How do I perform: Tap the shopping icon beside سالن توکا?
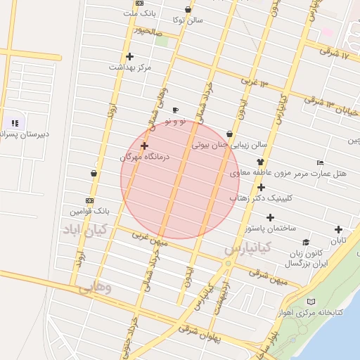(188, 10)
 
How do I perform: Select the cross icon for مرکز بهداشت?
(129, 56)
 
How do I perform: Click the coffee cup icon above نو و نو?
(175, 110)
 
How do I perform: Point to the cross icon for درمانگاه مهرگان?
(144, 146)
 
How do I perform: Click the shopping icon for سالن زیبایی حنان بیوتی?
(230, 134)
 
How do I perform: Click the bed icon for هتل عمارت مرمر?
(321, 162)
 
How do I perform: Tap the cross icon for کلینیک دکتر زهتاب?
(261, 187)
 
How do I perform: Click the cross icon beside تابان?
(339, 229)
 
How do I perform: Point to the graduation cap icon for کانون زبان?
(306, 243)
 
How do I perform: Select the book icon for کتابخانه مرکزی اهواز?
(311, 302)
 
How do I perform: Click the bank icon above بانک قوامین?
(89, 200)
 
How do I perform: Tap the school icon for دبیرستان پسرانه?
(15, 123)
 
